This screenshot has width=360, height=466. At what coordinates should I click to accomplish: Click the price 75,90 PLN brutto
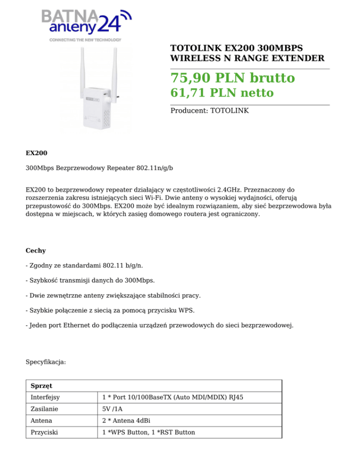click(x=232, y=78)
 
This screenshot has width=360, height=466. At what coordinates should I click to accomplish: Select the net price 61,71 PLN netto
click(x=222, y=93)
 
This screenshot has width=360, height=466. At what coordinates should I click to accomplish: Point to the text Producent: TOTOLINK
click(x=209, y=111)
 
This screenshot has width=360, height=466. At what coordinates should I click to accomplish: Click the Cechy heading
click(x=36, y=251)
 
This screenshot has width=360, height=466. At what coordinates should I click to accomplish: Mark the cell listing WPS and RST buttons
click(x=149, y=432)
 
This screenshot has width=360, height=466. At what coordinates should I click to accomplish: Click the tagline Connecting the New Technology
click(x=85, y=40)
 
